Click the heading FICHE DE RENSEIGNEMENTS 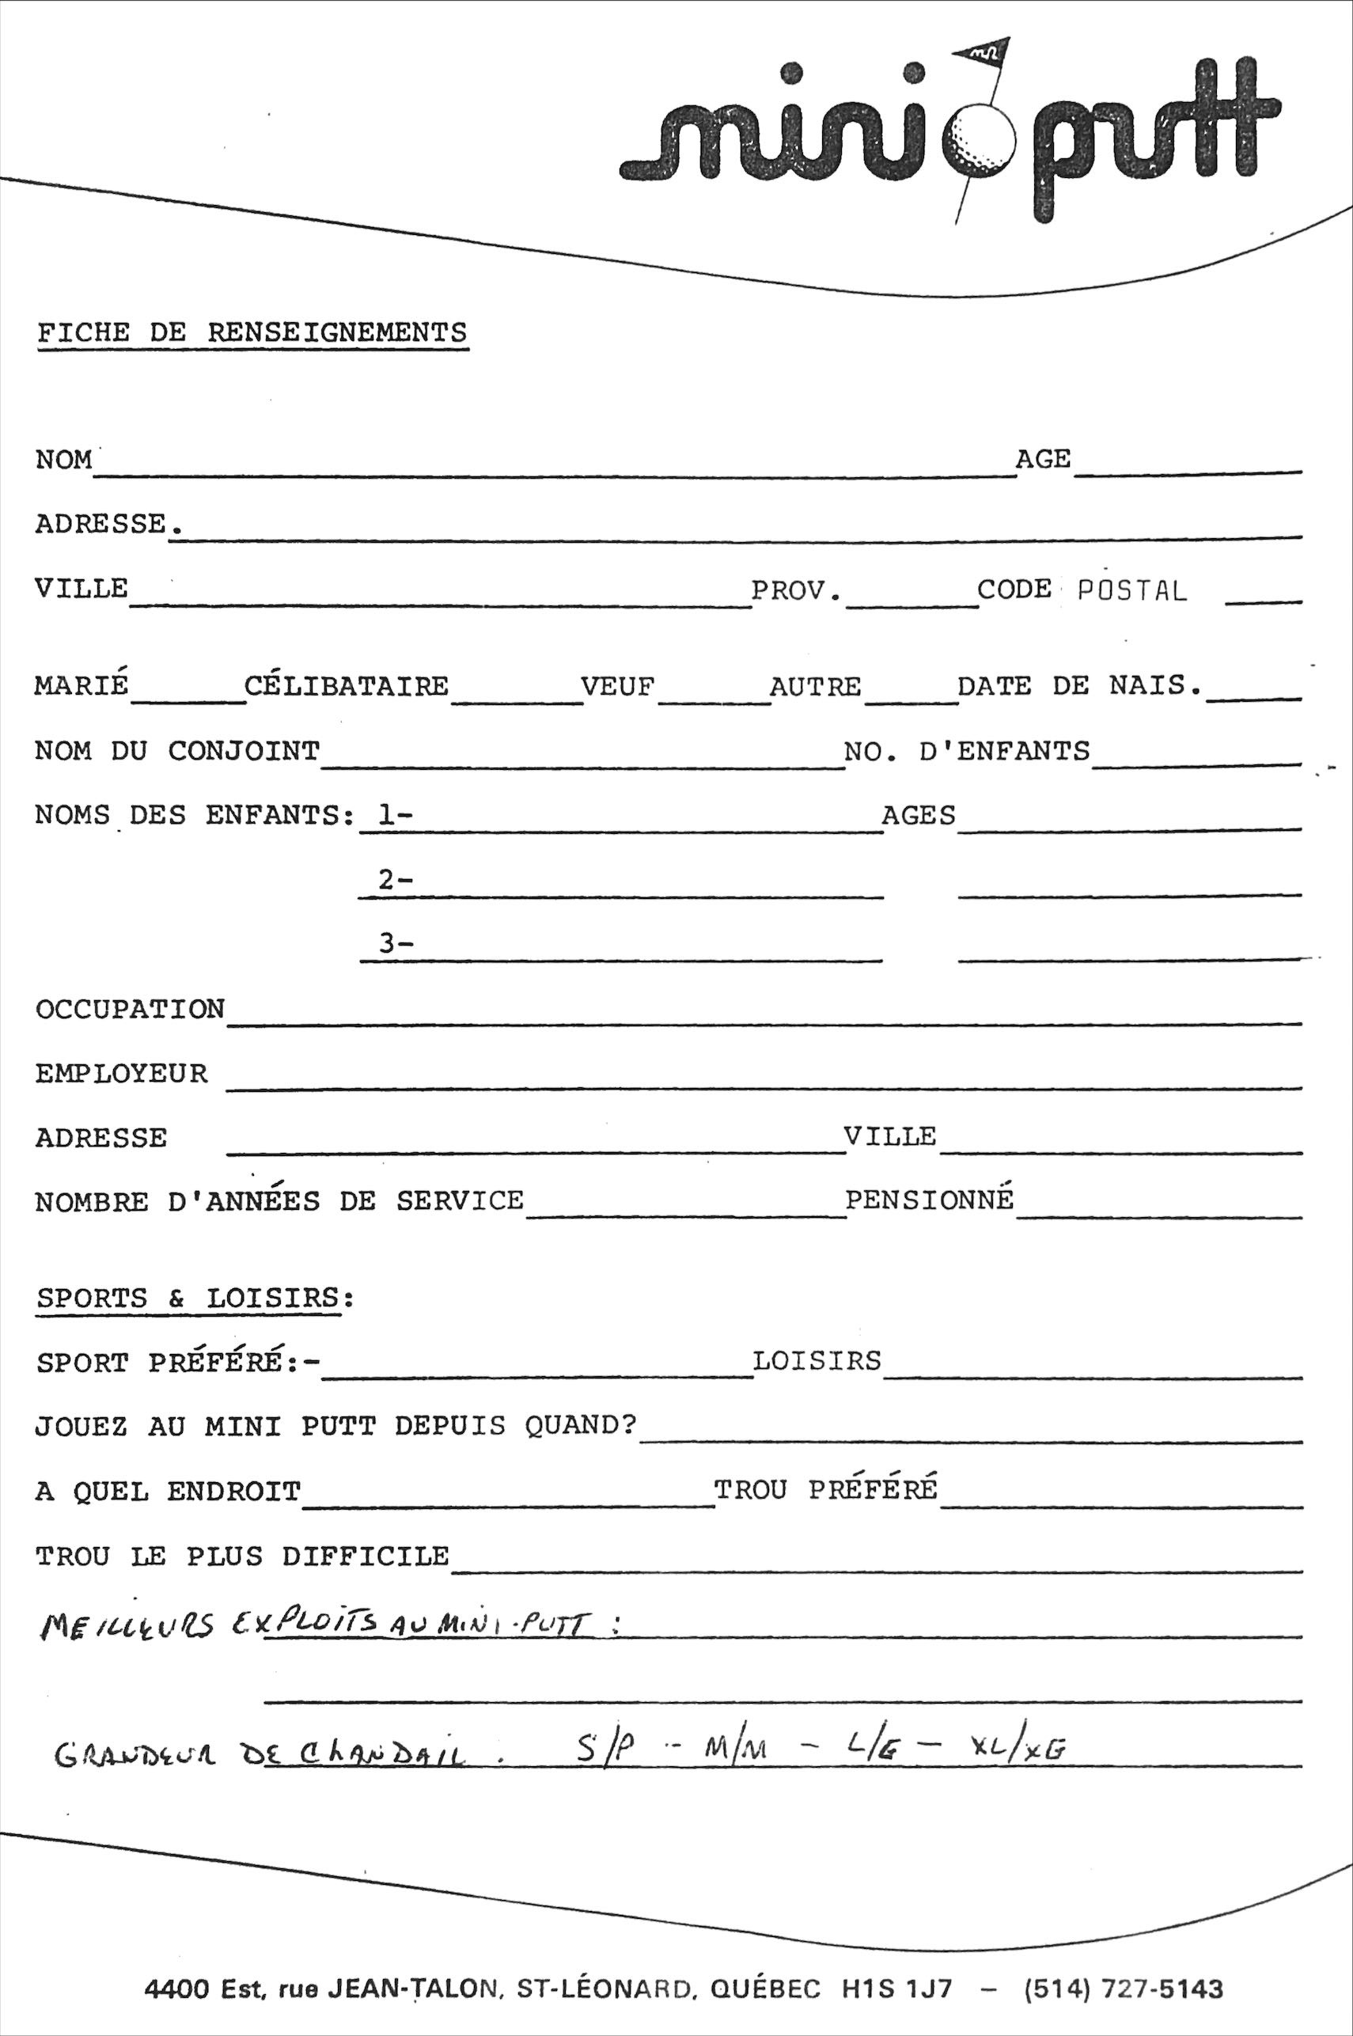pos(251,333)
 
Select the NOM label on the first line pos(64,460)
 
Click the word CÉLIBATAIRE pos(346,687)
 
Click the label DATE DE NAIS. pos(1079,686)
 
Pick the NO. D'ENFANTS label pos(966,752)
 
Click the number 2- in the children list pos(395,880)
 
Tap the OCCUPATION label pos(130,1010)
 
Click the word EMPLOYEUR pos(122,1074)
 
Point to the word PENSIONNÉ pos(928,1200)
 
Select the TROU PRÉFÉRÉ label pos(825,1490)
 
